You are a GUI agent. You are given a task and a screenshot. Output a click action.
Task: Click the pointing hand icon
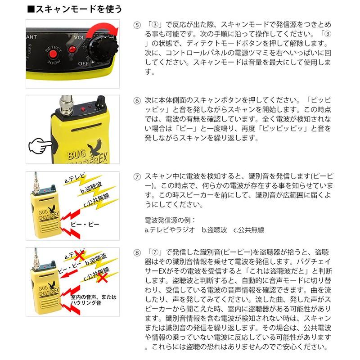[x=40, y=146]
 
